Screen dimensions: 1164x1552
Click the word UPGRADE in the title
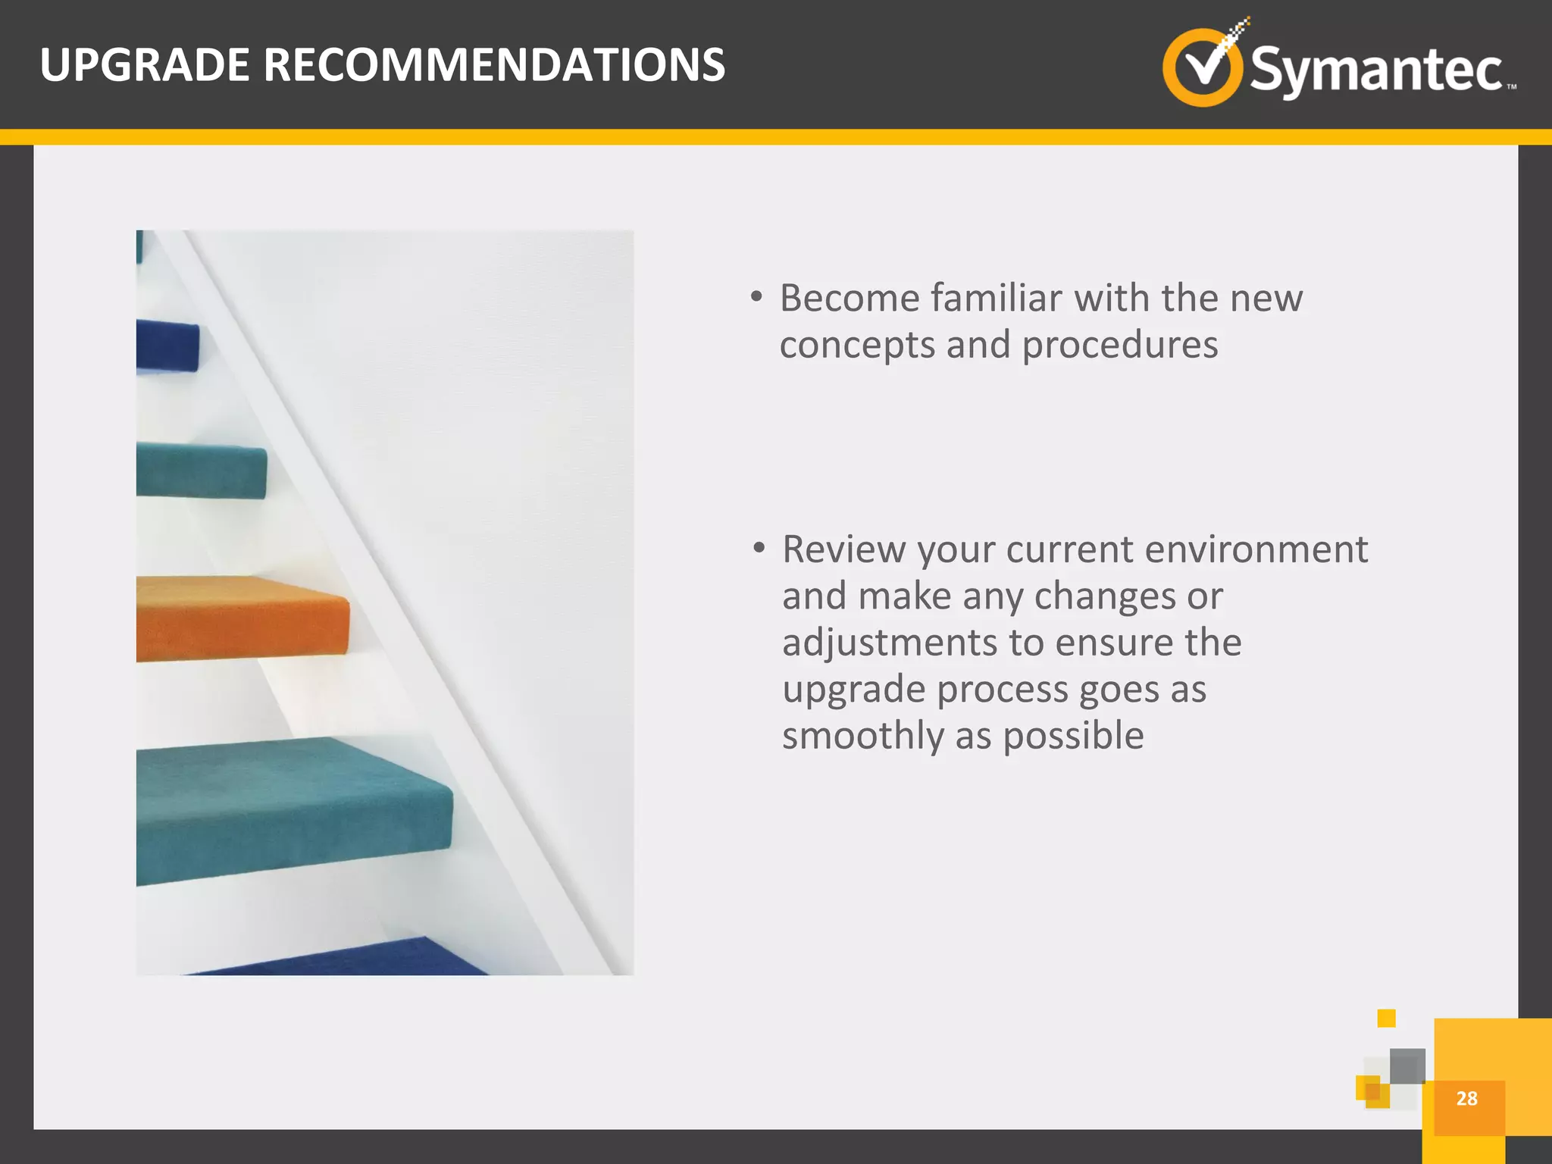(144, 65)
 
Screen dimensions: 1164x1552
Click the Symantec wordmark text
(1375, 70)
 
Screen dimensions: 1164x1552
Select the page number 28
(1466, 1098)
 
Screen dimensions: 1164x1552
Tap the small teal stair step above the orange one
(201, 471)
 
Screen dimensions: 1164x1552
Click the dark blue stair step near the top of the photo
(167, 346)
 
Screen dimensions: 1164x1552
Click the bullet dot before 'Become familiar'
(756, 297)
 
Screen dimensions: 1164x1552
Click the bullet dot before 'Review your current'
(759, 548)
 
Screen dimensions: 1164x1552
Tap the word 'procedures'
(1120, 345)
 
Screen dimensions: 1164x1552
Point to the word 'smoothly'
(862, 736)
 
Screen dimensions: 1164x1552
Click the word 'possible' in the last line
(1073, 736)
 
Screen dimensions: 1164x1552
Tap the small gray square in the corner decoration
(1407, 1065)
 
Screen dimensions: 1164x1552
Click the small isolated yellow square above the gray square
(1386, 1018)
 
